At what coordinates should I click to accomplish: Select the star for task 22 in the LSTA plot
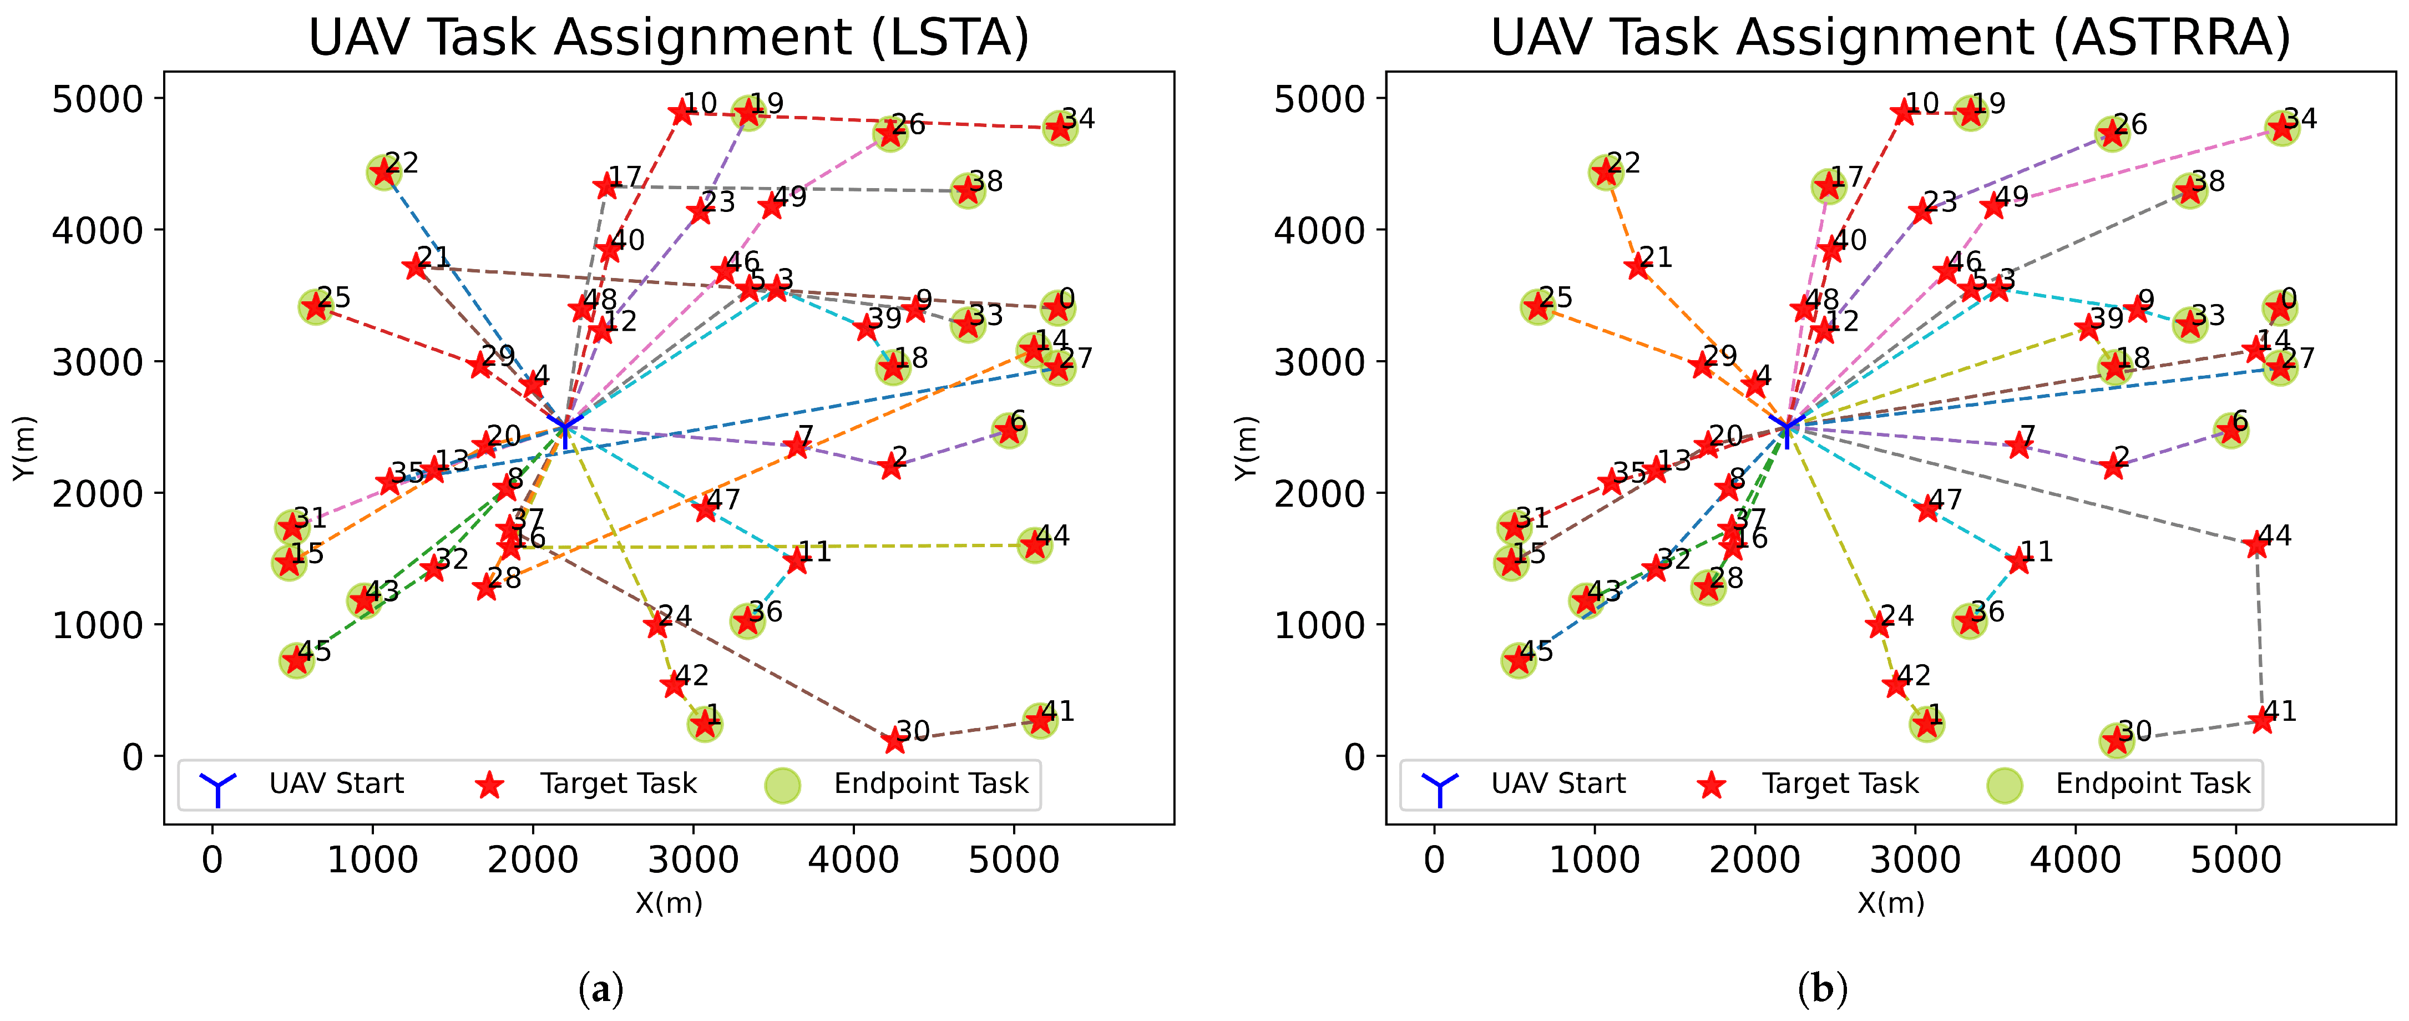coord(382,172)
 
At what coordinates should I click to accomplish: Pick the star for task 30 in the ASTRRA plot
coord(2116,741)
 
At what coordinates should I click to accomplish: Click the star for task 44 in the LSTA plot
coord(1034,545)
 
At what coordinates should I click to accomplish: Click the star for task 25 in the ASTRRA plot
coord(1536,307)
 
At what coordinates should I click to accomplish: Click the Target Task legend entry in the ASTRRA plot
coord(1839,784)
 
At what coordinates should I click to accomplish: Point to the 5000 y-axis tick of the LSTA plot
coord(97,99)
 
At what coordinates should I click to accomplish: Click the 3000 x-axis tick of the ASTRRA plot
coord(1915,859)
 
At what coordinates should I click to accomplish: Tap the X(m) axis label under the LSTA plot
coord(669,903)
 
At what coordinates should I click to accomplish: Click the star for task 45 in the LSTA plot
coord(296,661)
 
